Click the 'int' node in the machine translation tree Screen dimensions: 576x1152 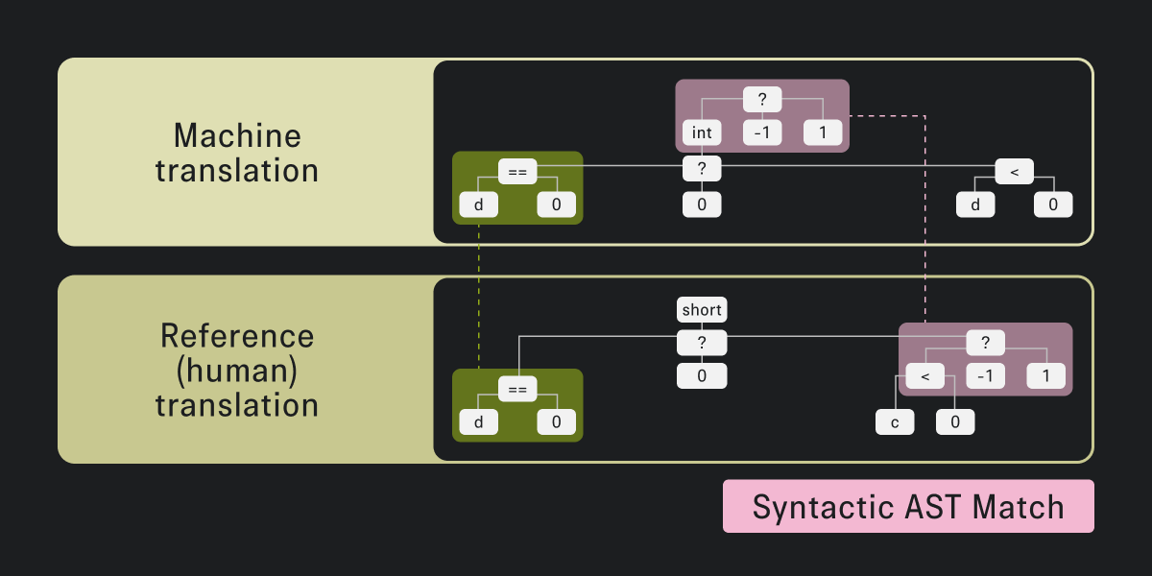[702, 132]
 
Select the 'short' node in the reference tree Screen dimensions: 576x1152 [702, 310]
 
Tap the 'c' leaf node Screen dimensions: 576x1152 [895, 421]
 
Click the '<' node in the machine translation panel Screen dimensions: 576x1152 [1014, 171]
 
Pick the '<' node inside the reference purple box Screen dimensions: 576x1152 [924, 376]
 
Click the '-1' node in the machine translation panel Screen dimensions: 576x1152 [762, 132]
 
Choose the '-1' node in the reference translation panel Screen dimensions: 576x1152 [985, 376]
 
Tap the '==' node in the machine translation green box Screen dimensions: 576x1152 [517, 171]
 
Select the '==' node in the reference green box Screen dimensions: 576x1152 [517, 389]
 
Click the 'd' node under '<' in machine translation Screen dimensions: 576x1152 [975, 204]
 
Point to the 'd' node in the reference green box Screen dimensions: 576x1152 [478, 422]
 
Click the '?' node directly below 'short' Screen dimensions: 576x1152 [702, 344]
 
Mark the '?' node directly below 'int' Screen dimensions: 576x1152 [702, 169]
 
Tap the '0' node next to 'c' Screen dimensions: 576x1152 [955, 421]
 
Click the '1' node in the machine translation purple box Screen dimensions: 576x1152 [823, 132]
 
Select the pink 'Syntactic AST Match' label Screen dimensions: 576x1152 [908, 506]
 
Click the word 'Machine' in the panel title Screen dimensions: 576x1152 [237, 135]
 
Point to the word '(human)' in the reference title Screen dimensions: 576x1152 [237, 370]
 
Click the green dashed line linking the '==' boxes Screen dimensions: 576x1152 [478, 298]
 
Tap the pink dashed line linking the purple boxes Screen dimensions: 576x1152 [924, 221]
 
